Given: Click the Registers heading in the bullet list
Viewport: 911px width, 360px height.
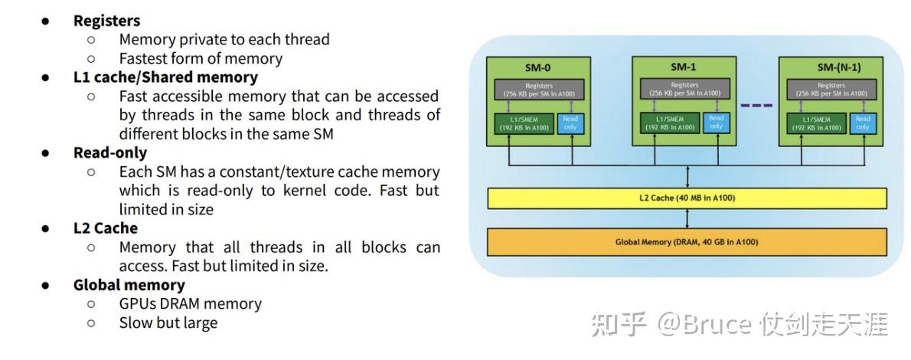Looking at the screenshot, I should pyautogui.click(x=106, y=21).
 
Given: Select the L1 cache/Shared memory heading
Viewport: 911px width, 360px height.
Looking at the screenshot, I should pyautogui.click(x=165, y=77).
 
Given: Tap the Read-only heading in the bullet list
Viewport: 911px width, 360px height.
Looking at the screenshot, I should pyautogui.click(x=110, y=152).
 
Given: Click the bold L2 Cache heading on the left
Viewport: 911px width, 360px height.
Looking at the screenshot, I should pyautogui.click(x=106, y=228).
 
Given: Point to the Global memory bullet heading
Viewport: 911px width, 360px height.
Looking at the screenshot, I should pyautogui.click(x=129, y=285).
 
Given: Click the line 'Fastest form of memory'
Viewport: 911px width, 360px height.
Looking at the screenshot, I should pyautogui.click(x=201, y=58).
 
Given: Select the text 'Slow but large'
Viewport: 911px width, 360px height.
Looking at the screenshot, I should pyautogui.click(x=168, y=322).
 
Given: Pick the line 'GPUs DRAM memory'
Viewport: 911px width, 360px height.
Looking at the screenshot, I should pyautogui.click(x=190, y=304).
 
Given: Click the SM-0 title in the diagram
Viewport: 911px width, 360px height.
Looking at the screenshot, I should pyautogui.click(x=539, y=67).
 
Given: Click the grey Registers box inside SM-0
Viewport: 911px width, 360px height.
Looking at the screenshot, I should pyautogui.click(x=539, y=89).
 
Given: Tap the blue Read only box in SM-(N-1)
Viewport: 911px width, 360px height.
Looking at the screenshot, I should pyautogui.click(x=863, y=123).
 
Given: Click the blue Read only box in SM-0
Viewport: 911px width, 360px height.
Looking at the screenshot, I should pyautogui.click(x=570, y=123).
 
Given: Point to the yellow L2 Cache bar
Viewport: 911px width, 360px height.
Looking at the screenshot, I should pyautogui.click(x=687, y=198).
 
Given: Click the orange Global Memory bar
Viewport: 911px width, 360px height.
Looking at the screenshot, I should pyautogui.click(x=687, y=242).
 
